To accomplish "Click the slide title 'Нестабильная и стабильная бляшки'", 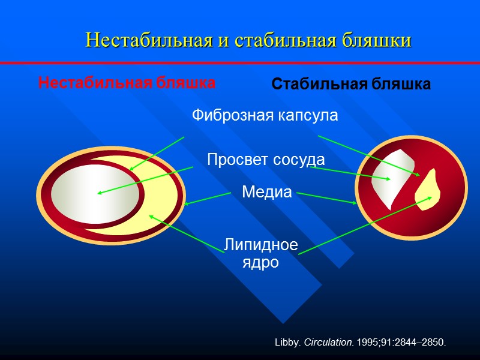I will (248, 40).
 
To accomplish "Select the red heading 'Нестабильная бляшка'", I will (127, 83).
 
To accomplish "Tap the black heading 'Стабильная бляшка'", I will (351, 85).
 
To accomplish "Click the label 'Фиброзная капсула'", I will (265, 115).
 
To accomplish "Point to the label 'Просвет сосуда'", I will (266, 160).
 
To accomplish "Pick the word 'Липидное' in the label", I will (261, 245).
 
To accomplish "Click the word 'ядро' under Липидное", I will (260, 262).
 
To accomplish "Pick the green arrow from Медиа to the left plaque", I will (208, 199).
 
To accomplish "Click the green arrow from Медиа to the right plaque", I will (327, 198).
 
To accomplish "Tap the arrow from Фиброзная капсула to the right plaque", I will (369, 155).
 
